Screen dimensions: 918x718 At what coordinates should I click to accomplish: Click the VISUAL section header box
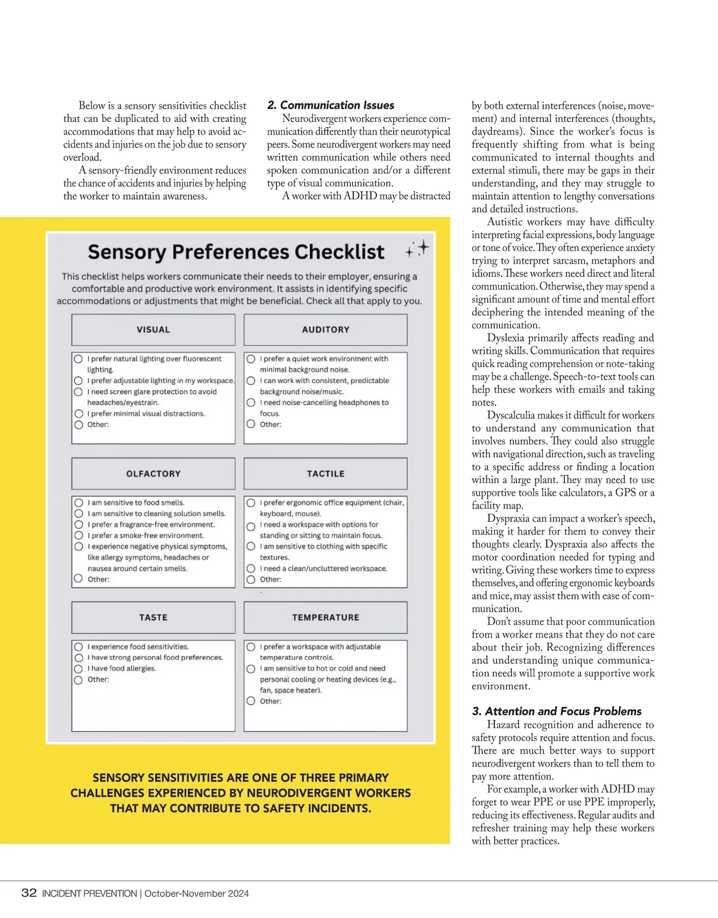coord(153,330)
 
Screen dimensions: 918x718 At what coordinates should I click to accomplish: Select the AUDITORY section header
coord(325,330)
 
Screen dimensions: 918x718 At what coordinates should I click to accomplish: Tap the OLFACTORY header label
coord(153,474)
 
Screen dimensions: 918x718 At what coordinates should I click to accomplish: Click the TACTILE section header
coord(325,474)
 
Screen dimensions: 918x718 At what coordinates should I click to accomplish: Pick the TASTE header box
coord(153,617)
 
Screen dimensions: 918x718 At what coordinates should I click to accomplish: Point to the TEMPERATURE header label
coord(325,617)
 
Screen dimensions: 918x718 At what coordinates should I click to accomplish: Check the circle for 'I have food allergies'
coord(78,669)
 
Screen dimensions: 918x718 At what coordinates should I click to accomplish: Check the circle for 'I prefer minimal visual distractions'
coord(78,414)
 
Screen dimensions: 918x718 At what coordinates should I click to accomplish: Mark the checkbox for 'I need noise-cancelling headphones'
coord(251,403)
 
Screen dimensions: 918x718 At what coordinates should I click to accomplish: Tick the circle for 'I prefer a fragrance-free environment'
coord(78,524)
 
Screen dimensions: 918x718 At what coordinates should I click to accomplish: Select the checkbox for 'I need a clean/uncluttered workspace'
coord(251,569)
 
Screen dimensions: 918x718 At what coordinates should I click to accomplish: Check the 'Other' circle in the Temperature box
coord(251,701)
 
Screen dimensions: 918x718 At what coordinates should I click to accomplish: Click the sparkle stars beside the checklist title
coord(418,249)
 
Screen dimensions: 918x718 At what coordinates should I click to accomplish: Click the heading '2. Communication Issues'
coord(331,105)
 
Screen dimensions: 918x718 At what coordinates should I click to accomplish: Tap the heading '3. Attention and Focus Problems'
coord(556,711)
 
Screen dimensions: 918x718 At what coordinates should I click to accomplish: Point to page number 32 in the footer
coord(29,893)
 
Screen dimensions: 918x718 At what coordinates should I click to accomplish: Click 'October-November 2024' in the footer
coord(196,893)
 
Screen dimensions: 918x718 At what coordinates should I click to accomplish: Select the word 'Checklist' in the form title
coord(339,252)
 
